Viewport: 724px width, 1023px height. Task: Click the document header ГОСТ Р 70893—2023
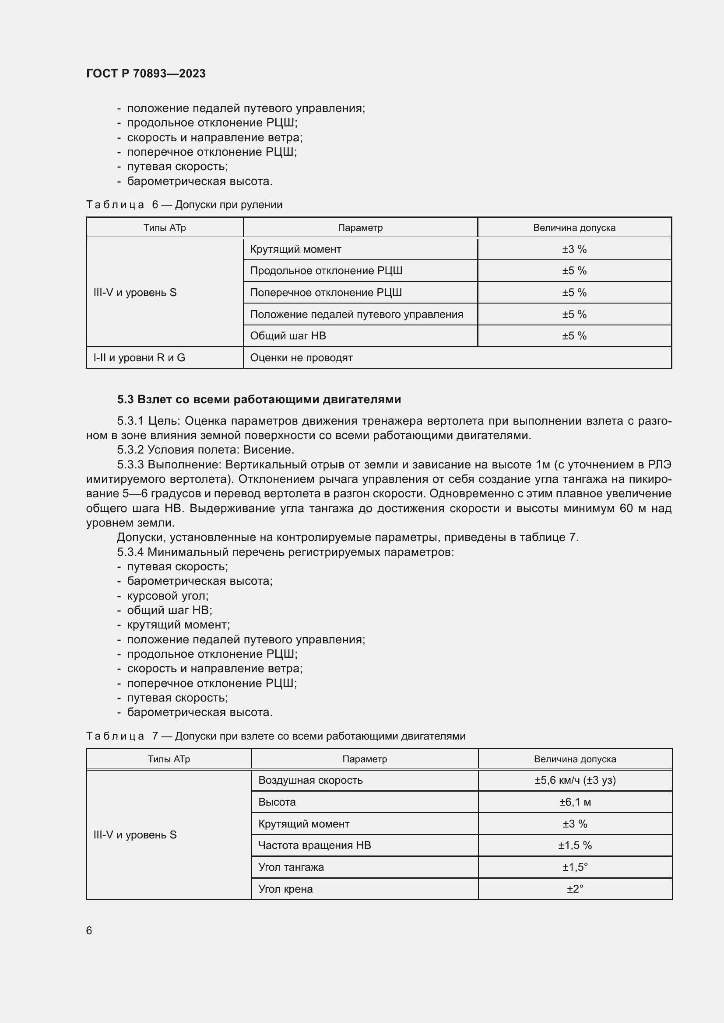pos(146,73)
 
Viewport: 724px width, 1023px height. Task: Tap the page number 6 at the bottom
pos(89,930)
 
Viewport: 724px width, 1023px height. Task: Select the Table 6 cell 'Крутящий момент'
pos(295,249)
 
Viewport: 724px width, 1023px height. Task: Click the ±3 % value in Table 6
pos(574,249)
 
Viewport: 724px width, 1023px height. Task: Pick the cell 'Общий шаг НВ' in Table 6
pos(288,336)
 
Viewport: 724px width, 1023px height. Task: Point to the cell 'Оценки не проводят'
pos(301,358)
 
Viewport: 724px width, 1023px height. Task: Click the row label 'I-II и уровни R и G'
pos(139,358)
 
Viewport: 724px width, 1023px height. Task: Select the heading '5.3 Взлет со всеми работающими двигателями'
pos(259,399)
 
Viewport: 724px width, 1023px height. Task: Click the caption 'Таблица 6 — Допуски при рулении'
pos(184,205)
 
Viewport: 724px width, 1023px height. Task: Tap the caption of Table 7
pos(275,736)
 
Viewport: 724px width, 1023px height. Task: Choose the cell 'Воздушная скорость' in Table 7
pos(311,780)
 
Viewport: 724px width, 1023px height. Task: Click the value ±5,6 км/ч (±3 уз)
pos(575,780)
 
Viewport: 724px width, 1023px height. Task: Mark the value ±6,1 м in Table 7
pos(575,802)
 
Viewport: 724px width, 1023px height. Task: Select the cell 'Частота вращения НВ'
pos(315,845)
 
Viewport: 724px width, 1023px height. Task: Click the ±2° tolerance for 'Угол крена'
pos(575,889)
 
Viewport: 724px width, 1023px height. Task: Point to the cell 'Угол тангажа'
pos(291,867)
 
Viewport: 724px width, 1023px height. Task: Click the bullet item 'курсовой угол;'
pos(168,596)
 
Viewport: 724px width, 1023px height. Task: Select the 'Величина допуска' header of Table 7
pos(575,759)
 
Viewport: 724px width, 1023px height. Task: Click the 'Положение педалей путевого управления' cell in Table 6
pos(357,314)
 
